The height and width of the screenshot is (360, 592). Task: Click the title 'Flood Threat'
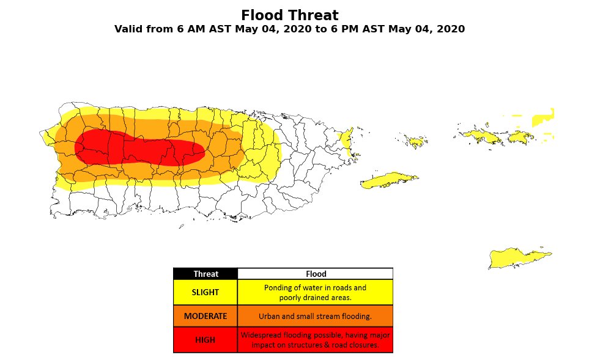tap(289, 15)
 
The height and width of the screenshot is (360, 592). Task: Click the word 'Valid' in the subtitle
tap(130, 29)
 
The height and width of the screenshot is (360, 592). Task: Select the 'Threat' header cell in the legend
tap(205, 274)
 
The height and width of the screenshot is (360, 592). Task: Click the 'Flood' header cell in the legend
tap(316, 274)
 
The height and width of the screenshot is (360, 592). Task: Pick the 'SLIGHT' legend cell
tap(205, 292)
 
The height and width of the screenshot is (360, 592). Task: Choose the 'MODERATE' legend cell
tap(205, 316)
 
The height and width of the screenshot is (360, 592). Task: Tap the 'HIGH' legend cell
tap(205, 340)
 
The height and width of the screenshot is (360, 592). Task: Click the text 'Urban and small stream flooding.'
tap(315, 317)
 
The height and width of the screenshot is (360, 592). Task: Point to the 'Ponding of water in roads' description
tap(315, 287)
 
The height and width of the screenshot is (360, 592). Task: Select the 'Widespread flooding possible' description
tap(315, 335)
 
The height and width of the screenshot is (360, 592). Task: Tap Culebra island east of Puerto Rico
tap(416, 142)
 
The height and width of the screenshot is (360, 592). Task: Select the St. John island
tap(520, 137)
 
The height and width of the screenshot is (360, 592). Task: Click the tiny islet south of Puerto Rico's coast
tap(182, 227)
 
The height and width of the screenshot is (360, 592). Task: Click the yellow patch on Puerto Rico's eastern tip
tap(347, 142)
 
